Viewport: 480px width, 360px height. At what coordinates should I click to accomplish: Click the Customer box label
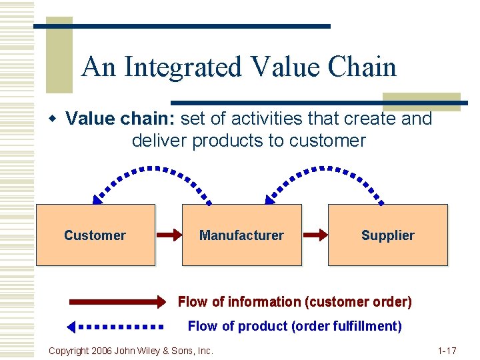click(x=95, y=235)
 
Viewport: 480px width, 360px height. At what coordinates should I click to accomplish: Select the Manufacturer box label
click(x=241, y=235)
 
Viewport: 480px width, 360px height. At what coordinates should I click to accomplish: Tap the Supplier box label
click(x=387, y=235)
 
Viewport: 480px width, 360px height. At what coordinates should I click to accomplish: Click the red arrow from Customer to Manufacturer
click(x=169, y=235)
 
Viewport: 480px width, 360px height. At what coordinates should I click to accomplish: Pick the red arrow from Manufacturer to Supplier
click(x=315, y=235)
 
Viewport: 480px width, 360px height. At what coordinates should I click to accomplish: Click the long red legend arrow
click(x=117, y=302)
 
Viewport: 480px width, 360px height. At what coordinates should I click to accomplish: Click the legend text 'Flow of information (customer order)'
click(x=295, y=302)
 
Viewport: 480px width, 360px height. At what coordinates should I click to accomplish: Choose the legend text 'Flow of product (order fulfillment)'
click(x=295, y=326)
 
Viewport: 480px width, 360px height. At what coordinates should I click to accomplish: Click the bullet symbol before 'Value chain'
click(x=53, y=119)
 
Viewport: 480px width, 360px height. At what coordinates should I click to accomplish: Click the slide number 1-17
click(x=446, y=350)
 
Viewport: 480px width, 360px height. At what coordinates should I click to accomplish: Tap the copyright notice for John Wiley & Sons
click(x=131, y=350)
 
